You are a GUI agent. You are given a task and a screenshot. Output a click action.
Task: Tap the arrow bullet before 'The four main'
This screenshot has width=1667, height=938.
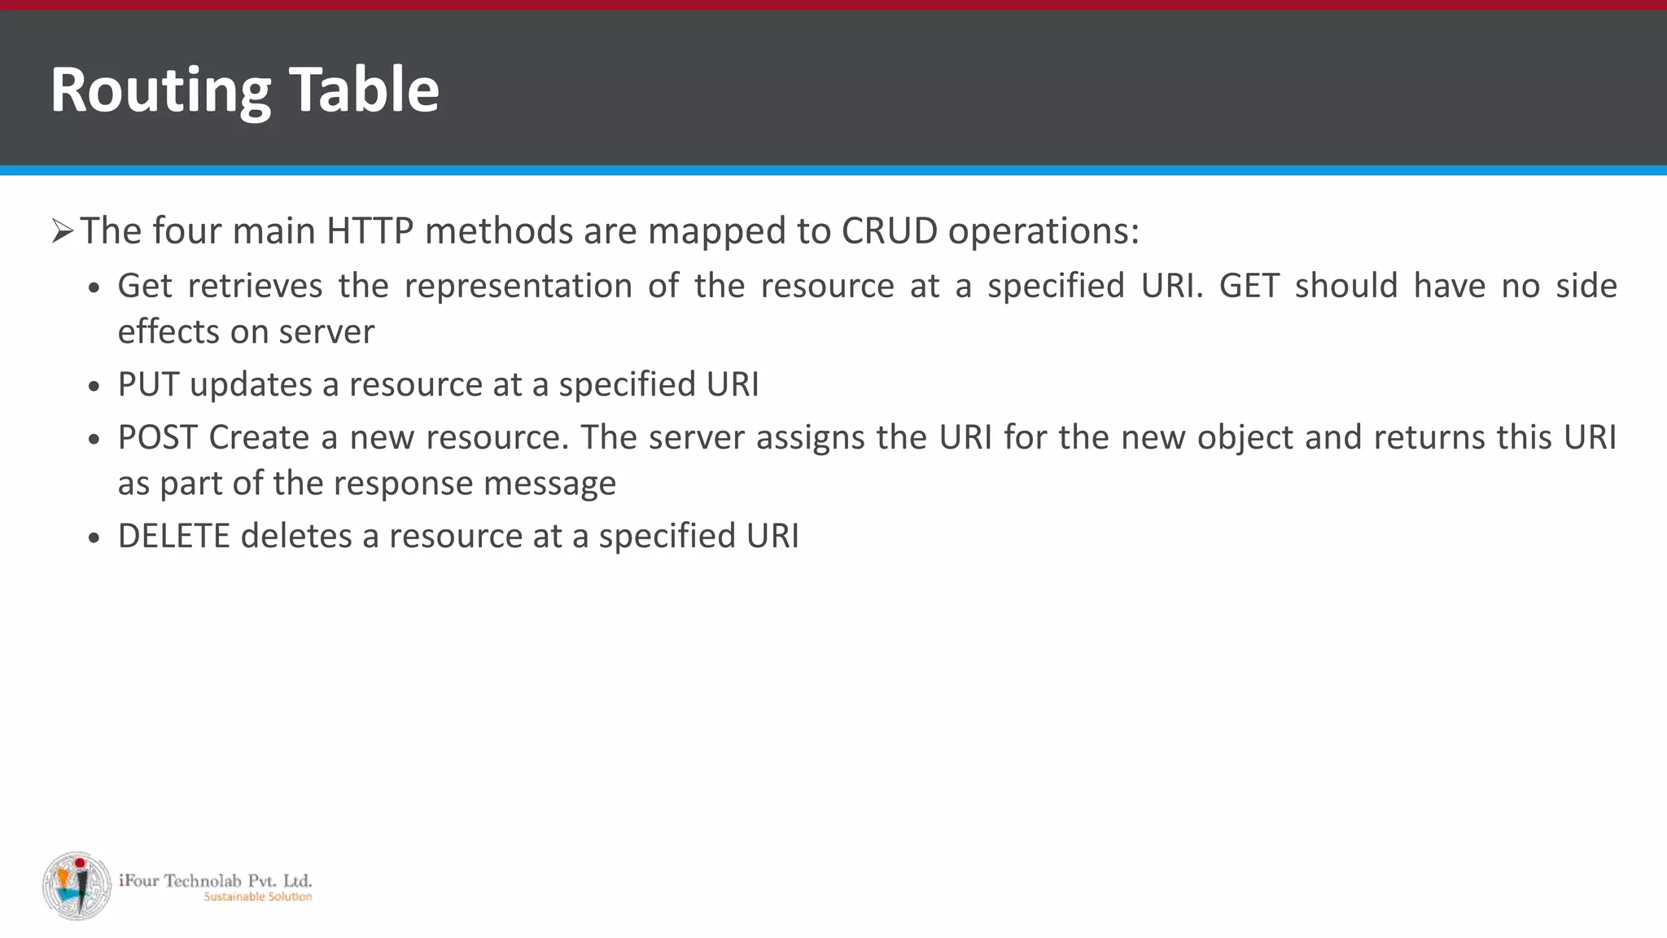(62, 232)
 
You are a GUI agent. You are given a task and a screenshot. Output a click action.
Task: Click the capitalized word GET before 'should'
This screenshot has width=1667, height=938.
(1249, 286)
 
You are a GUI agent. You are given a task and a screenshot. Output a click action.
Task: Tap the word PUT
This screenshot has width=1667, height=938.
(148, 384)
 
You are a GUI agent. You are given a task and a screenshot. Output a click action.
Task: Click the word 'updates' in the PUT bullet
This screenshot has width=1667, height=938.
(251, 385)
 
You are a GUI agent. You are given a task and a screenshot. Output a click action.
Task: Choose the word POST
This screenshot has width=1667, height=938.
(158, 437)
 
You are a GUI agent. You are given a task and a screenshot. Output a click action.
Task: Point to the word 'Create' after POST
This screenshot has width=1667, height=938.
(259, 437)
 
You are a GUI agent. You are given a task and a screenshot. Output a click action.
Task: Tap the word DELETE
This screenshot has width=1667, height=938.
(173, 536)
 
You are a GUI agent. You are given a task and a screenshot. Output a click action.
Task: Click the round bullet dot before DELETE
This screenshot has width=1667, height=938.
(95, 538)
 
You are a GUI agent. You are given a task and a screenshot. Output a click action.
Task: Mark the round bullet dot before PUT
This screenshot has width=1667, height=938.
(95, 387)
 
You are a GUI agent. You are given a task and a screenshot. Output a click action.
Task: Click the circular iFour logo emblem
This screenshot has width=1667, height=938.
(77, 886)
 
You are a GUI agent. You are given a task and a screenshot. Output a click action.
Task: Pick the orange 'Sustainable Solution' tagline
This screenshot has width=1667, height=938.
(257, 896)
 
